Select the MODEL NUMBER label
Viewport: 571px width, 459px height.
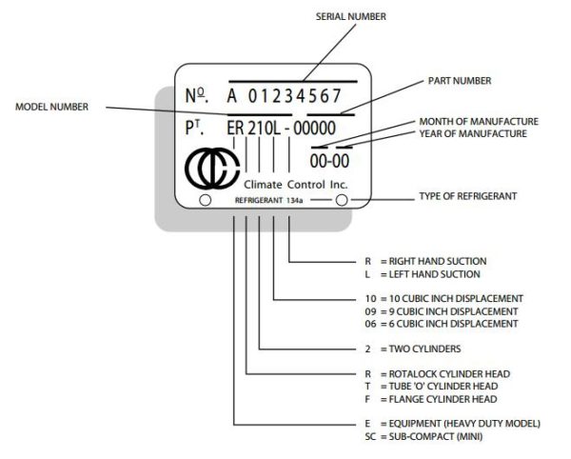(52, 108)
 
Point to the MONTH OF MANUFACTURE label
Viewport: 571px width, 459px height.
(478, 122)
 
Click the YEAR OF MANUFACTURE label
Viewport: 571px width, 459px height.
(473, 134)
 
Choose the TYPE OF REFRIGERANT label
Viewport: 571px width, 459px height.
(467, 196)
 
